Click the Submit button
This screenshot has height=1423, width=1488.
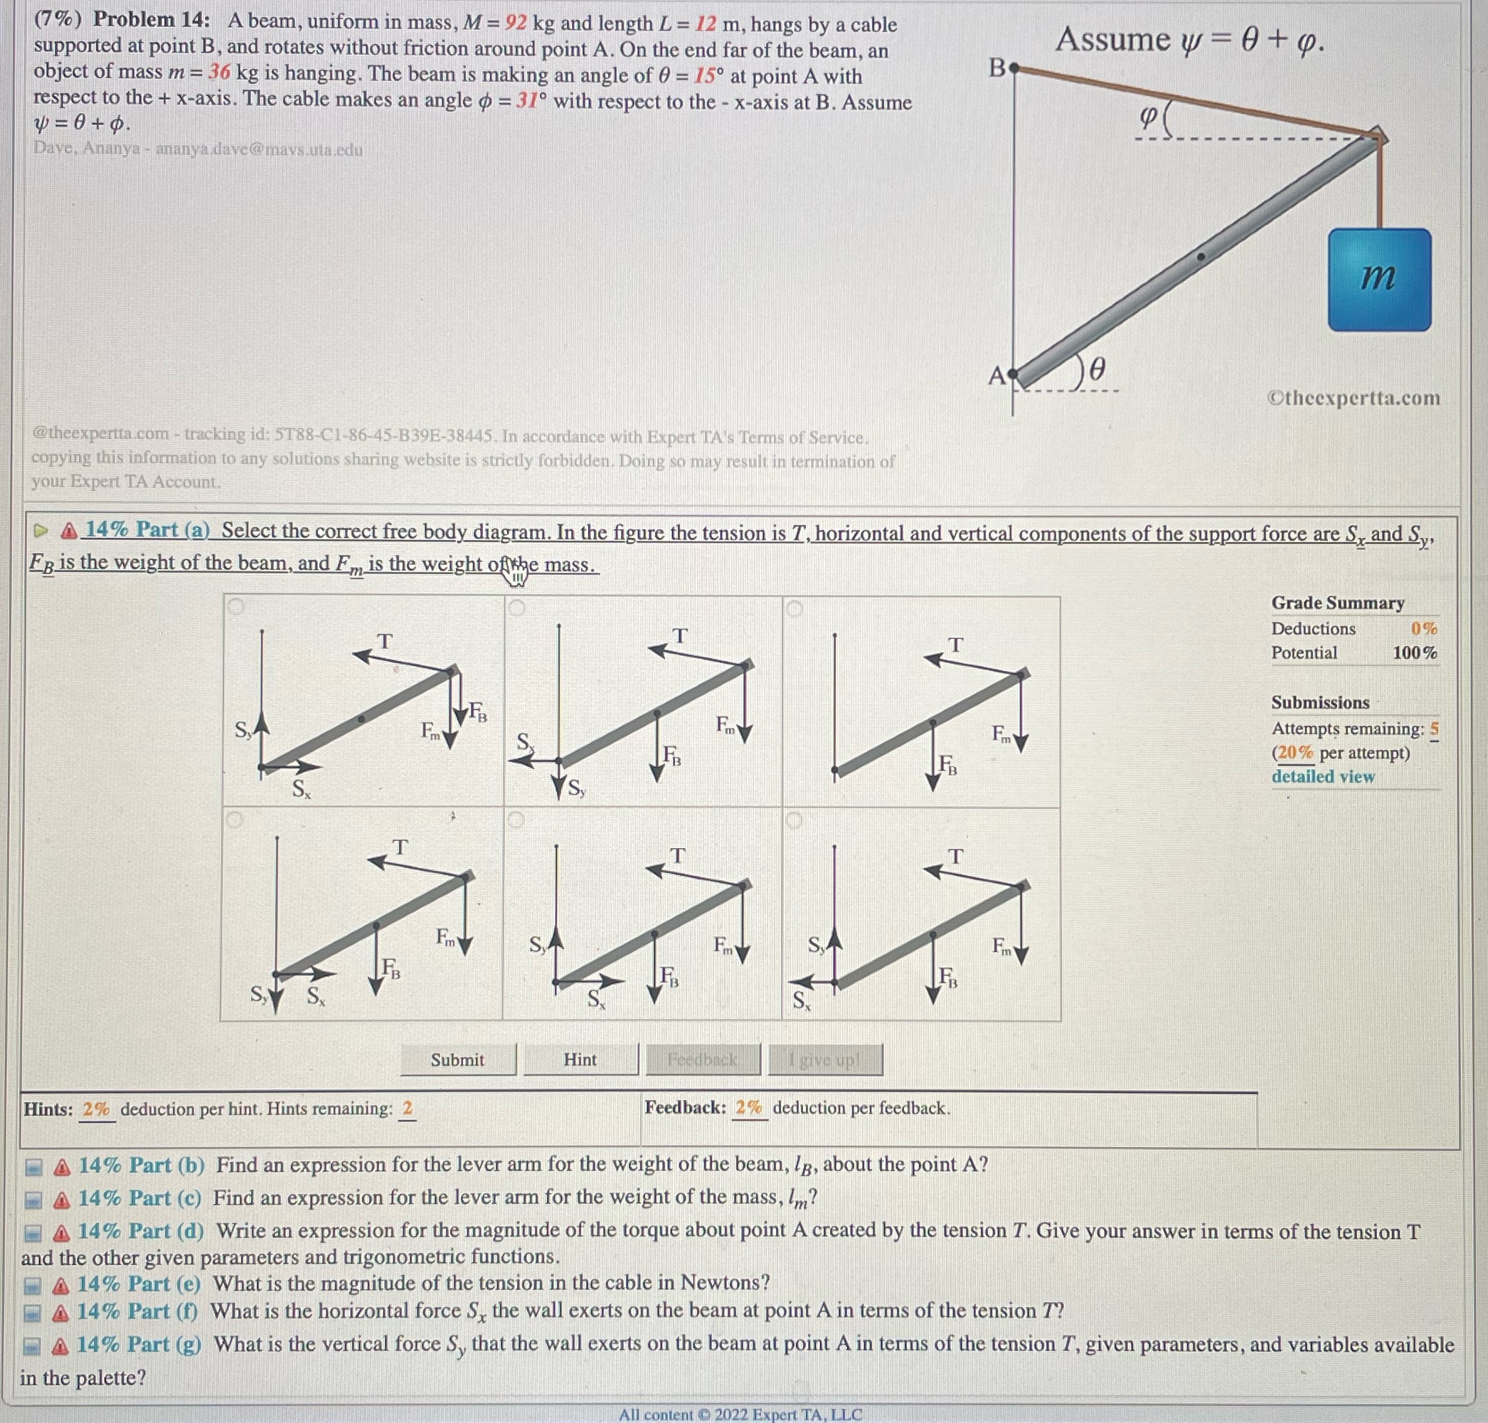click(457, 1059)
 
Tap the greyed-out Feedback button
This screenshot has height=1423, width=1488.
click(702, 1059)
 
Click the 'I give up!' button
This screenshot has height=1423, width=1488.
click(824, 1059)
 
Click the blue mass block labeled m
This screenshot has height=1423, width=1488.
click(1378, 279)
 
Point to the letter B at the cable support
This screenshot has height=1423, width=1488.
click(997, 68)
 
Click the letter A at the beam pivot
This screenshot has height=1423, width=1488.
click(997, 375)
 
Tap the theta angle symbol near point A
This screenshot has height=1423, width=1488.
click(1097, 369)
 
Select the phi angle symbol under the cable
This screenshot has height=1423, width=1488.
click(1147, 117)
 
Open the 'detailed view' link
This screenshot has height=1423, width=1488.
click(1323, 776)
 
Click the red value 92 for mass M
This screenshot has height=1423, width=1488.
click(516, 23)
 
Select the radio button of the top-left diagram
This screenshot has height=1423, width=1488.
click(236, 607)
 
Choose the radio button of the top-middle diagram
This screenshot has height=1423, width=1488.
click(517, 608)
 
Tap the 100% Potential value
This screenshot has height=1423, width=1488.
click(1415, 652)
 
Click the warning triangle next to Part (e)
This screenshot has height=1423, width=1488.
click(62, 1285)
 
